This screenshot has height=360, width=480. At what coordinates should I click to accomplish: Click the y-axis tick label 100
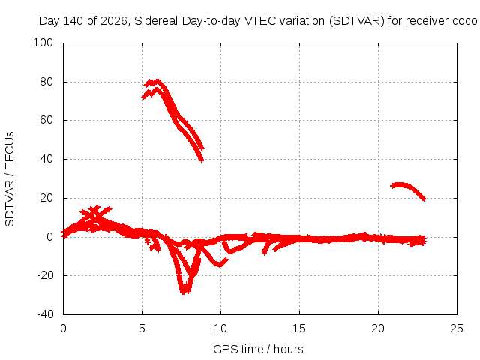click(x=43, y=43)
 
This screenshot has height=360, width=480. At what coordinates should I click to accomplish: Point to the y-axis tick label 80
click(x=46, y=82)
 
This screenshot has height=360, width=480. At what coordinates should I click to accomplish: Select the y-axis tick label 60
click(x=46, y=120)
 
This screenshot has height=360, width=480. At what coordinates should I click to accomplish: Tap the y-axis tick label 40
click(x=46, y=159)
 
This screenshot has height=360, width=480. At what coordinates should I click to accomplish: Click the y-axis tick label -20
click(x=45, y=275)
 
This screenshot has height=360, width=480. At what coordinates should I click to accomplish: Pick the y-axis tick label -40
click(x=45, y=313)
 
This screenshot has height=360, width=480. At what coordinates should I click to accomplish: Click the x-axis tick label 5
click(x=142, y=328)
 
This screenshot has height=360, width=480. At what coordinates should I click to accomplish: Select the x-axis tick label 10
click(x=220, y=328)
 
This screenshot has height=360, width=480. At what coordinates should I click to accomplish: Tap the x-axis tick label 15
click(x=299, y=328)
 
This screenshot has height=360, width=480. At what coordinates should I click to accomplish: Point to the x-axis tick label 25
click(x=457, y=328)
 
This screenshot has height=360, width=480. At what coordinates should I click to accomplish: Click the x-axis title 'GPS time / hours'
click(x=258, y=349)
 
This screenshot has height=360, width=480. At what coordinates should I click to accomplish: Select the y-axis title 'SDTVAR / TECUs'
click(x=10, y=179)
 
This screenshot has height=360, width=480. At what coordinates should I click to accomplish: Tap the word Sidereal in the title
click(x=156, y=21)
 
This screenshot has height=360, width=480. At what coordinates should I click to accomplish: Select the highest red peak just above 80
click(x=157, y=80)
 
